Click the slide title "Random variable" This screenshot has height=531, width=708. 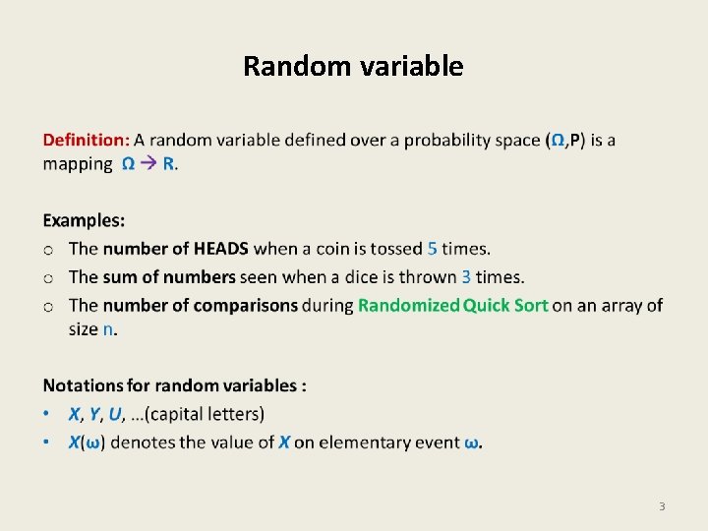(353, 66)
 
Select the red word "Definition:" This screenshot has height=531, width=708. (86, 141)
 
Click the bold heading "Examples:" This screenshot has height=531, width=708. (84, 221)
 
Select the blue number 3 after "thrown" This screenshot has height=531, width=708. (466, 277)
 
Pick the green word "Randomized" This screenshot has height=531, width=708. (408, 305)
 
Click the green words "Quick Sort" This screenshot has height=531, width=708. (505, 305)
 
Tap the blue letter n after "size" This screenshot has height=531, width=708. (109, 329)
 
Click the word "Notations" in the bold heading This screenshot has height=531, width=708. (85, 385)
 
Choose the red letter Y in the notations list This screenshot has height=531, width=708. (94, 414)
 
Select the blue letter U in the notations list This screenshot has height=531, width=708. (116, 414)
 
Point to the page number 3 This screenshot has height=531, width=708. (662, 506)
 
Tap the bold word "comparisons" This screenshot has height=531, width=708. (245, 305)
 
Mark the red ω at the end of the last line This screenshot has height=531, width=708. (472, 442)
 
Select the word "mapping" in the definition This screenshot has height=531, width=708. (78, 165)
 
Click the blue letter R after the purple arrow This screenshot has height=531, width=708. (168, 164)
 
